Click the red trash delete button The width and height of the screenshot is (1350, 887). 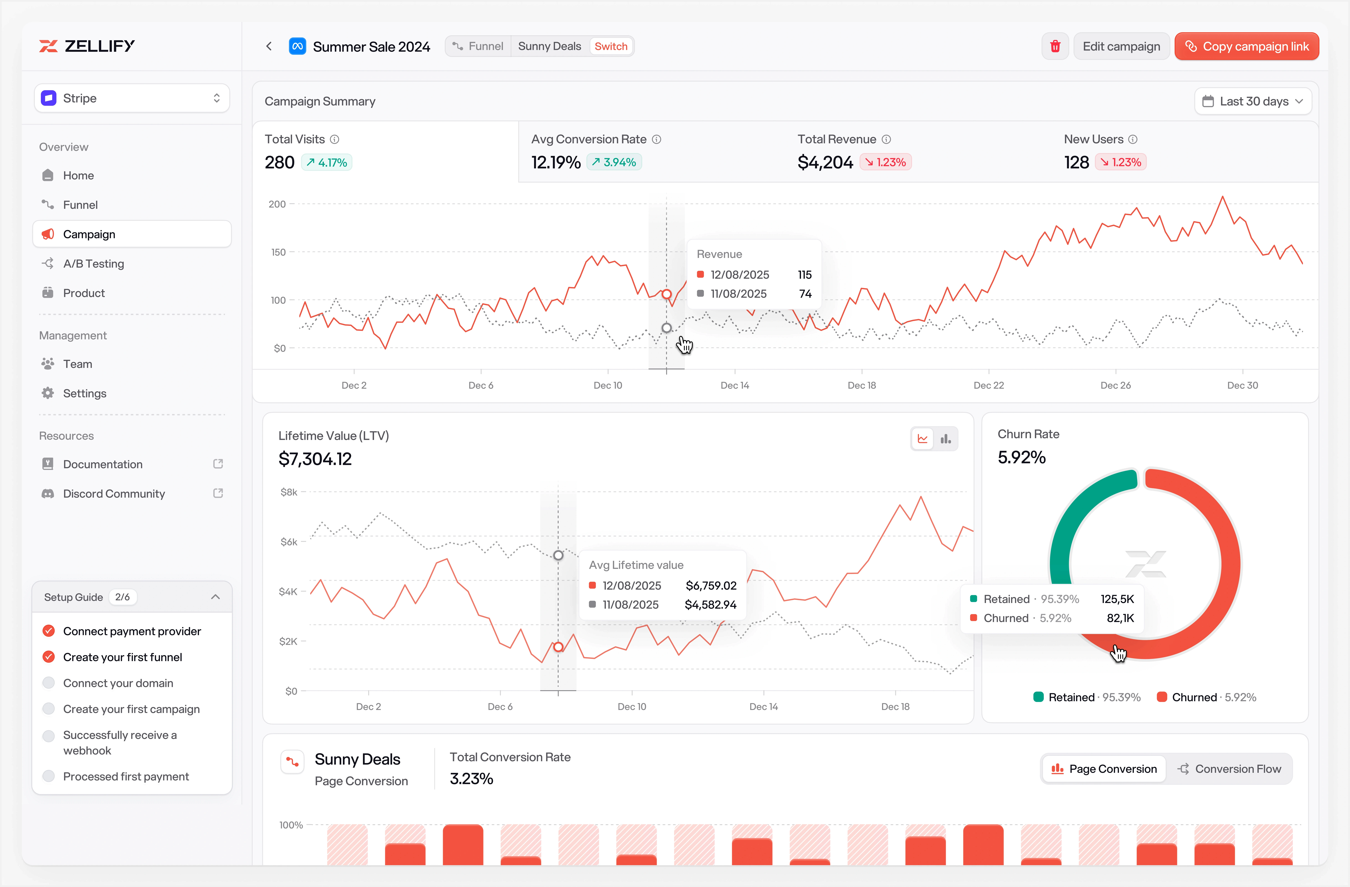[x=1055, y=47]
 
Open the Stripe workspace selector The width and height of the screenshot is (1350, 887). [x=132, y=98]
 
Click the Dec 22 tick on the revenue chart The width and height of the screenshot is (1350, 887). [x=989, y=385]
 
